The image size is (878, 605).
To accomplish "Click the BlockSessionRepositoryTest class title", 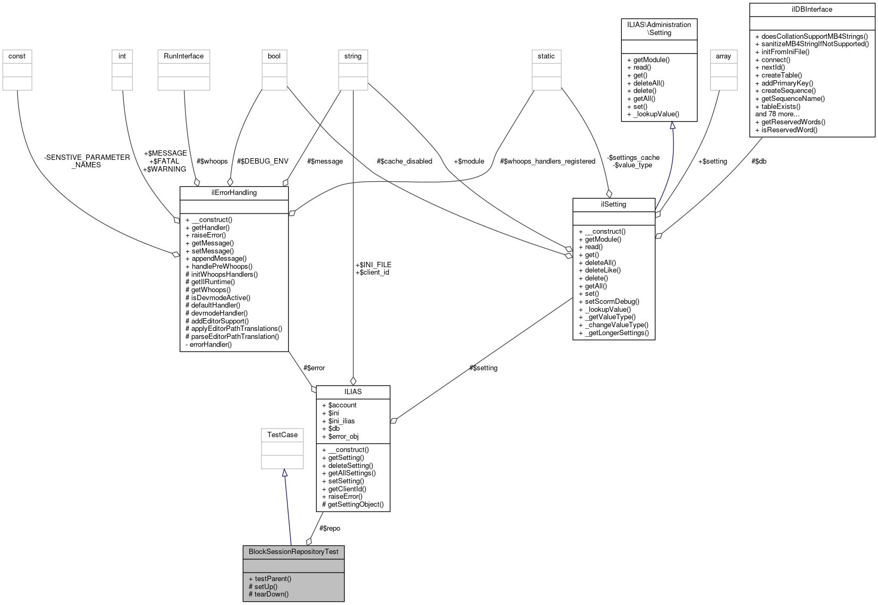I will click(x=293, y=551).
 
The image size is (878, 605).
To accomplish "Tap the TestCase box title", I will click(x=282, y=434).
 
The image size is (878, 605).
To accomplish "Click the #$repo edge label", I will click(x=330, y=528).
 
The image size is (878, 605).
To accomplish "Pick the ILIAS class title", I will click(x=353, y=391).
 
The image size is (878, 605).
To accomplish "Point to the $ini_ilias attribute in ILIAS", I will click(x=341, y=421).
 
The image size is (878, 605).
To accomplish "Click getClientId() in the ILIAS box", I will click(x=347, y=489).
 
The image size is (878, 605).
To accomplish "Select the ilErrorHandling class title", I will click(x=234, y=192).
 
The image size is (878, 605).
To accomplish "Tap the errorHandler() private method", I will click(x=210, y=344).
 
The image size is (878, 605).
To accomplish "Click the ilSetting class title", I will click(x=613, y=204).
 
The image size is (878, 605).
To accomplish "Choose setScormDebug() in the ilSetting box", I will click(x=612, y=301).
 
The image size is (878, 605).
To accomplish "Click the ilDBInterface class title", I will click(x=812, y=9).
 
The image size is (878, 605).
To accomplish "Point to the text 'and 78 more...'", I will click(x=777, y=114).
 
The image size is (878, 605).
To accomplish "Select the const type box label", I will click(x=17, y=56).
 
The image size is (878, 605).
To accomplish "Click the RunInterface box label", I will click(x=183, y=56).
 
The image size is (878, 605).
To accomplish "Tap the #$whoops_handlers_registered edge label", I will click(x=547, y=161).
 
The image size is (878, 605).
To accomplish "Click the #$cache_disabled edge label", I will click(x=404, y=161).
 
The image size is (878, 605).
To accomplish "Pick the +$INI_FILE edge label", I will click(x=373, y=265).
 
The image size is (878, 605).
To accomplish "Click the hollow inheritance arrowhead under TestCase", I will click(x=285, y=473).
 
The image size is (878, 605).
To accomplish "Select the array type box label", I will click(x=723, y=56).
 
